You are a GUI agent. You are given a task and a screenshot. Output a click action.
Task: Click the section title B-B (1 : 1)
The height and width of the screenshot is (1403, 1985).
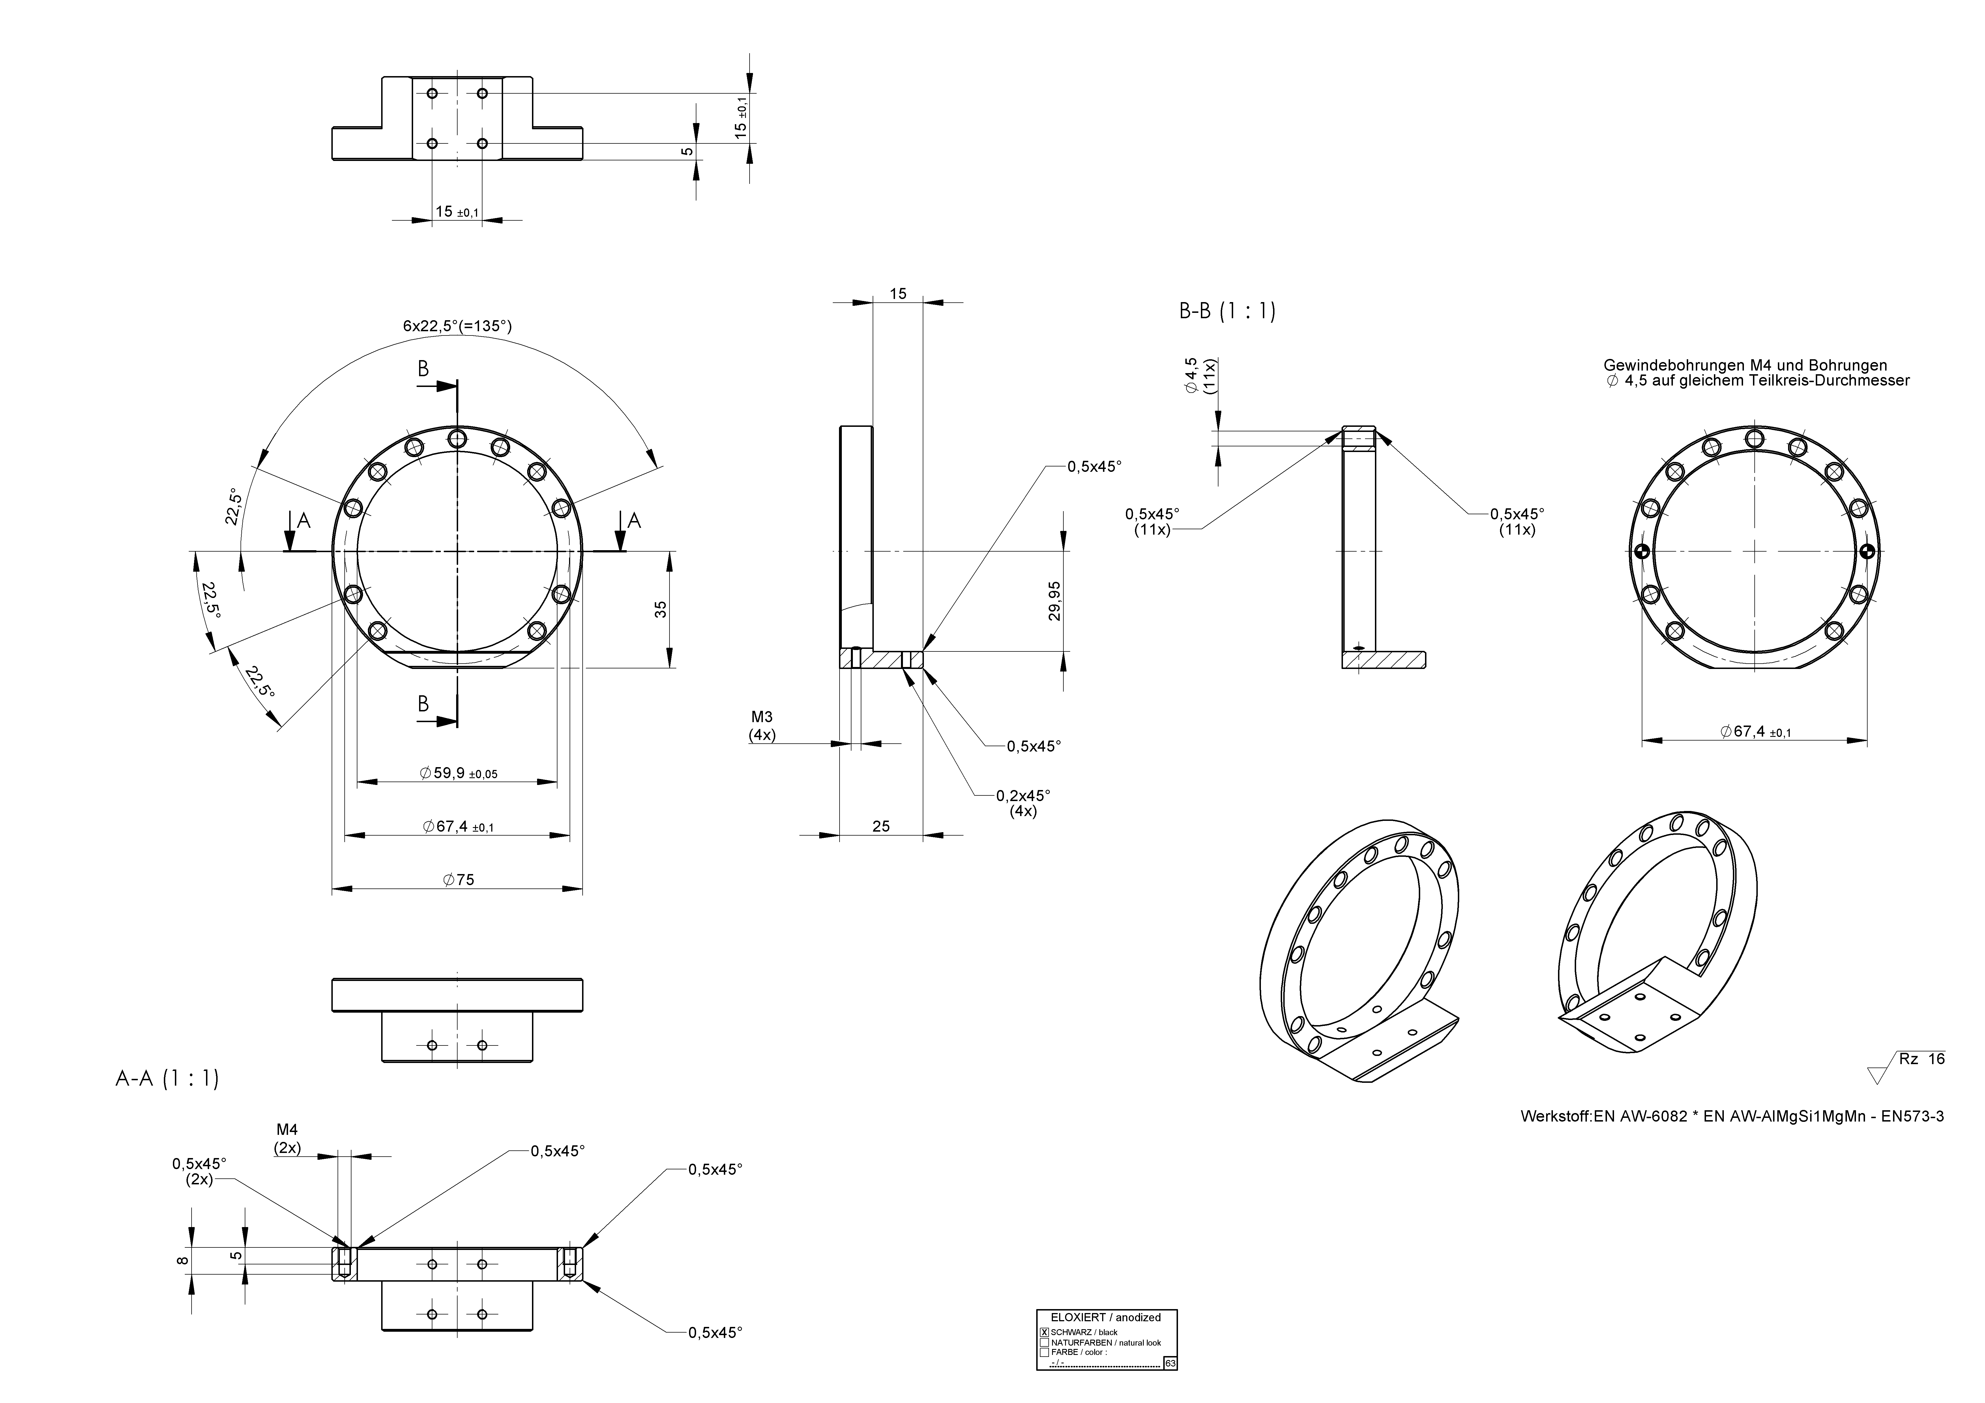coord(1227,311)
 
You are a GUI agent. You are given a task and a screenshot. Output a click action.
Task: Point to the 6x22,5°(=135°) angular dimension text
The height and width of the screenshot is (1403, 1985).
coord(457,326)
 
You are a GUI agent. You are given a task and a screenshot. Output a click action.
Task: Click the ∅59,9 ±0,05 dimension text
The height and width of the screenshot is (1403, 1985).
coord(458,773)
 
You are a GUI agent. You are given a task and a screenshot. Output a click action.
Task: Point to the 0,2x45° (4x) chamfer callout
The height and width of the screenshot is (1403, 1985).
coord(1023,803)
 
